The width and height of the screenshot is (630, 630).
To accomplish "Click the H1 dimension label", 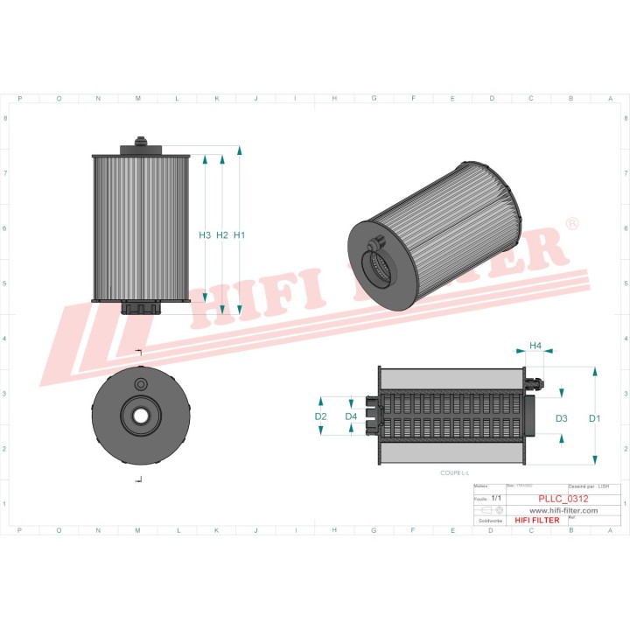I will (239, 235).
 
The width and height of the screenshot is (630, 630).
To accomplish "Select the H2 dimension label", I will (222, 235).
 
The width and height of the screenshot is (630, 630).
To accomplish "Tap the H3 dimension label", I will (205, 235).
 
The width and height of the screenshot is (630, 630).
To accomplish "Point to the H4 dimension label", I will (535, 346).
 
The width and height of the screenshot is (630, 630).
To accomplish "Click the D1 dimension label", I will (595, 419).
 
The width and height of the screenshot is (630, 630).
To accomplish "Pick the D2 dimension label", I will (321, 416).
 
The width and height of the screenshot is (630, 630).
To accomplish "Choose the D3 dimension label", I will (562, 419).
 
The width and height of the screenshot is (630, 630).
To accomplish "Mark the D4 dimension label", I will (351, 416).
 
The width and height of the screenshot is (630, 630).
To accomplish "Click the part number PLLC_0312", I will (563, 499).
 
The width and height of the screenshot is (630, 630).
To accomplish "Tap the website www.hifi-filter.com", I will (563, 510).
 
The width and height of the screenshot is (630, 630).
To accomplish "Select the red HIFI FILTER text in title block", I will (536, 521).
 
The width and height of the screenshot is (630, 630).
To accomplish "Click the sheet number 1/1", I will (497, 497).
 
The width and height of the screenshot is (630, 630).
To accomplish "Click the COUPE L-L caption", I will (455, 472).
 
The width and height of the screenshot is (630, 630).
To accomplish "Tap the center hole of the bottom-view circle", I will (139, 414).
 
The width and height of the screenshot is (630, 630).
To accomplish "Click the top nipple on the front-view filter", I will (140, 142).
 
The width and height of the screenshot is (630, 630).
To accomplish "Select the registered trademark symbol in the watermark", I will (572, 225).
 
